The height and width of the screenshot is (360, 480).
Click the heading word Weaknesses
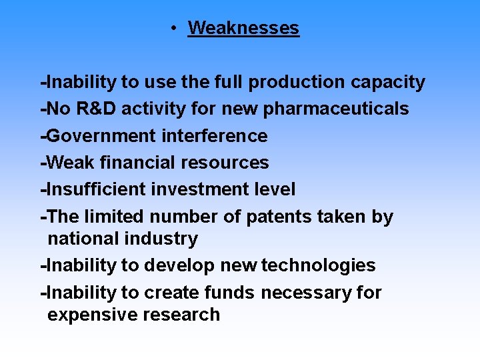tap(243, 28)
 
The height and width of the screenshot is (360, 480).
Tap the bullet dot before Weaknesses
tap(172, 28)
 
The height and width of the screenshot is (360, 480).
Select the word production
tap(297, 82)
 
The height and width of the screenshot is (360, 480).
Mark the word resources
tap(227, 163)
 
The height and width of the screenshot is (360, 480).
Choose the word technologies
tap(319, 265)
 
